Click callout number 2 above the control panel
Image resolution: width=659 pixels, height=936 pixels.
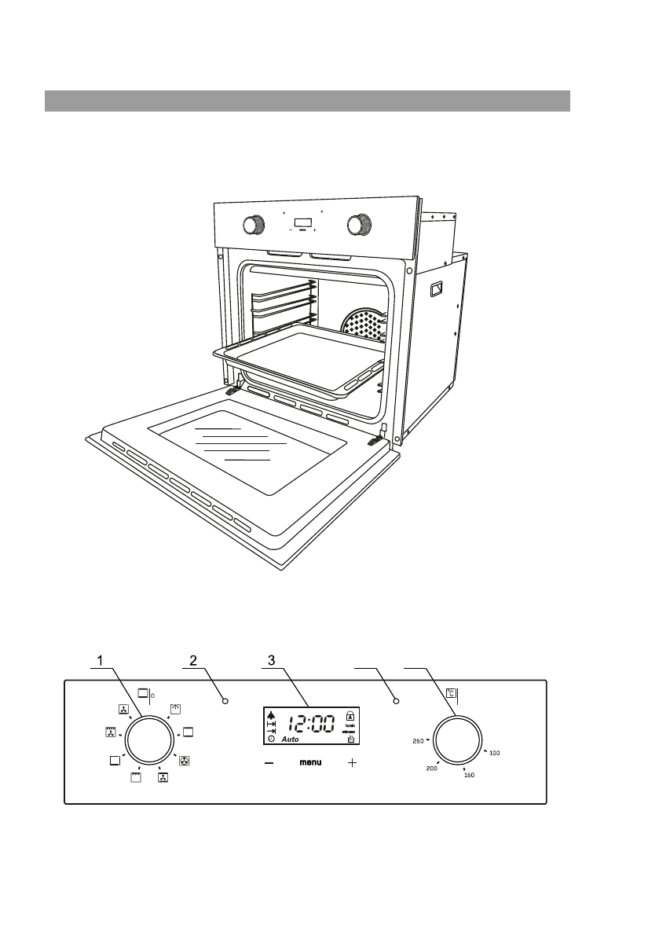[x=189, y=661]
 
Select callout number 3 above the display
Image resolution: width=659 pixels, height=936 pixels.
[x=271, y=661]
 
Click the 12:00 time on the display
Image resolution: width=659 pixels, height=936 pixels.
[x=309, y=723]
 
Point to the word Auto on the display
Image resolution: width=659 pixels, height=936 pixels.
[x=293, y=740]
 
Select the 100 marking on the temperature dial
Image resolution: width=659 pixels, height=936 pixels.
[x=495, y=753]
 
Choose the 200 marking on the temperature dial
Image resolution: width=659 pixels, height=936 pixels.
[x=431, y=768]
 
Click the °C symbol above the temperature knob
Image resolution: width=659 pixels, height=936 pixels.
[x=451, y=694]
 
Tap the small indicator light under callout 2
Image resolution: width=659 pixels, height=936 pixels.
[x=225, y=700]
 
